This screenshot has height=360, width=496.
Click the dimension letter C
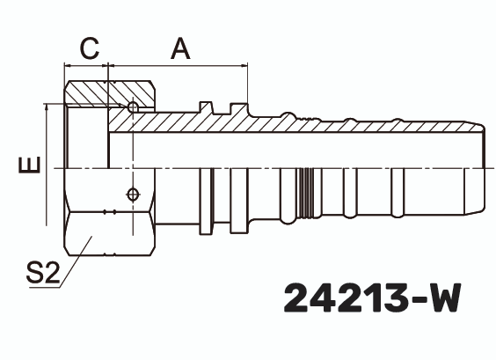pos(89,49)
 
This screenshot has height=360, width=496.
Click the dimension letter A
pos(180,49)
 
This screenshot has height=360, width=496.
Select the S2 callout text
pos(41,273)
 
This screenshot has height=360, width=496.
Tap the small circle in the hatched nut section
pos(132,107)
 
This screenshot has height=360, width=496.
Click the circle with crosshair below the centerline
pos(132,195)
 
